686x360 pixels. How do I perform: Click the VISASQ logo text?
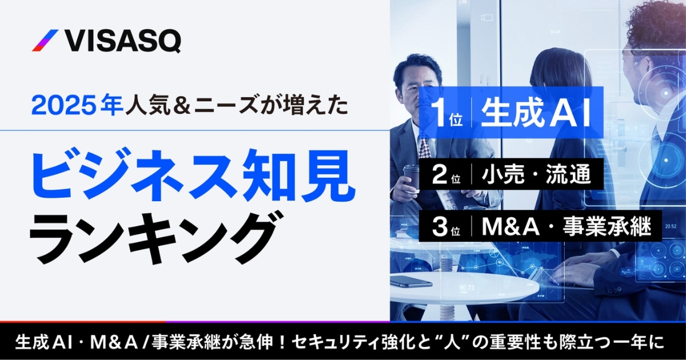coord(123,41)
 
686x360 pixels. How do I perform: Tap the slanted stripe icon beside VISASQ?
coord(45,41)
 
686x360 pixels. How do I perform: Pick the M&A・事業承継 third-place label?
coord(567,226)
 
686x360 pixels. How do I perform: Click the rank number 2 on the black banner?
coord(439,176)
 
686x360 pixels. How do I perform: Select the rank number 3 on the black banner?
coord(439,226)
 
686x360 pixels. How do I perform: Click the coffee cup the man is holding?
coord(411,177)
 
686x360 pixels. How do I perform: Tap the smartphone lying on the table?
coord(412,281)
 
